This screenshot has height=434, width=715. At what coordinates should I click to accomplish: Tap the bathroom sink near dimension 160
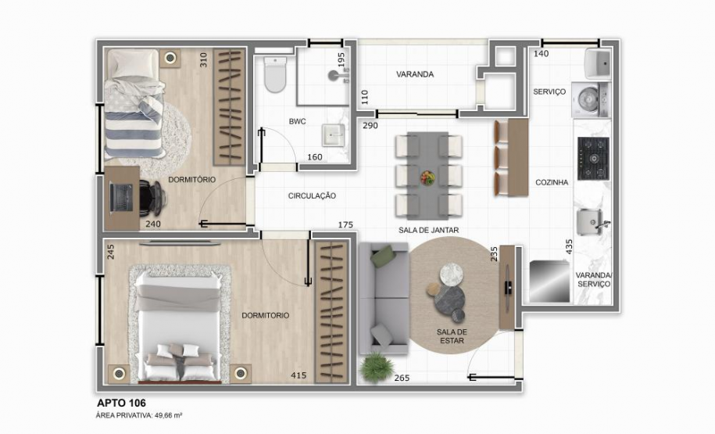[334, 135]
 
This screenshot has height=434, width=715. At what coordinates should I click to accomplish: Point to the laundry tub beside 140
[598, 63]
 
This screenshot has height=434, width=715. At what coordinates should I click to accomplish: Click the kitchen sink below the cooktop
[592, 221]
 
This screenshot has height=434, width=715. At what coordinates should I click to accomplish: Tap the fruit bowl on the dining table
[427, 178]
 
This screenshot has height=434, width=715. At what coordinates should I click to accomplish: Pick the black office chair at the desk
[152, 198]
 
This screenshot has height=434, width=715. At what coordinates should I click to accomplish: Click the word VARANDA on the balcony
[415, 74]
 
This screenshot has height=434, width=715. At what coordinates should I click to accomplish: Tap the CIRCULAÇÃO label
[312, 195]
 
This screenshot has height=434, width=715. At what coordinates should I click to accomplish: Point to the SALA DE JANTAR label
[428, 229]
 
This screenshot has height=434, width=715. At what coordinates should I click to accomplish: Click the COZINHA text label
[552, 181]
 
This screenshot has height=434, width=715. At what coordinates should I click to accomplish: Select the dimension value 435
[569, 246]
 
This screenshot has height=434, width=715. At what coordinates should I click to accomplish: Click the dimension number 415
[299, 376]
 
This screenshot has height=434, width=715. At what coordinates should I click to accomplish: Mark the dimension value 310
[203, 59]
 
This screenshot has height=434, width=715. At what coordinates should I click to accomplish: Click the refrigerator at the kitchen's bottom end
[549, 280]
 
